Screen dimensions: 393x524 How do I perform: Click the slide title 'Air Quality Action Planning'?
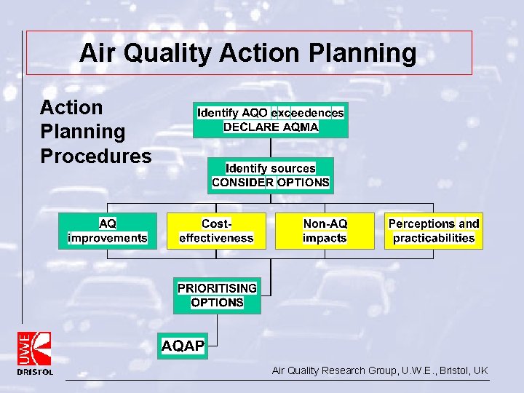coord(247,53)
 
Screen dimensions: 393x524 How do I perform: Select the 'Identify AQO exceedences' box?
coord(270,120)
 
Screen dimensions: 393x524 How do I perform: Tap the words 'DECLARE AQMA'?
coord(271,127)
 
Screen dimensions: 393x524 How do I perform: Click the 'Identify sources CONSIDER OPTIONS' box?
coord(270,175)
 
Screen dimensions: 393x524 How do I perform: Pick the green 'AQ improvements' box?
coord(107,231)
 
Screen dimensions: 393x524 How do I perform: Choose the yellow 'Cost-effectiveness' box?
coord(216,231)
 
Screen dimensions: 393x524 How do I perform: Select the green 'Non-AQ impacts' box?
coord(325,231)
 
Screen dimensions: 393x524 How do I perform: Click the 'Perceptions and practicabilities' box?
coord(434,231)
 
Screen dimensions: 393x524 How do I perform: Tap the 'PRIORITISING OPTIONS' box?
coord(217,295)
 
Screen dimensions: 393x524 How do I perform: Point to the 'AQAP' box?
coord(183,346)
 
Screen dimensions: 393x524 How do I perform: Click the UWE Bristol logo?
coord(35,349)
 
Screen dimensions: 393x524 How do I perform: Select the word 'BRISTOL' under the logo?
coord(35,372)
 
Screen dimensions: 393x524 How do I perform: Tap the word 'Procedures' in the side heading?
coord(95,156)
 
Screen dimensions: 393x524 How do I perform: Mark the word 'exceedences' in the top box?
coord(307,113)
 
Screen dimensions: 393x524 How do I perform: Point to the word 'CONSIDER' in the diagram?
coord(242,183)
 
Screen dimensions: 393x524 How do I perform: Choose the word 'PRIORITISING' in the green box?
coord(217,287)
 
